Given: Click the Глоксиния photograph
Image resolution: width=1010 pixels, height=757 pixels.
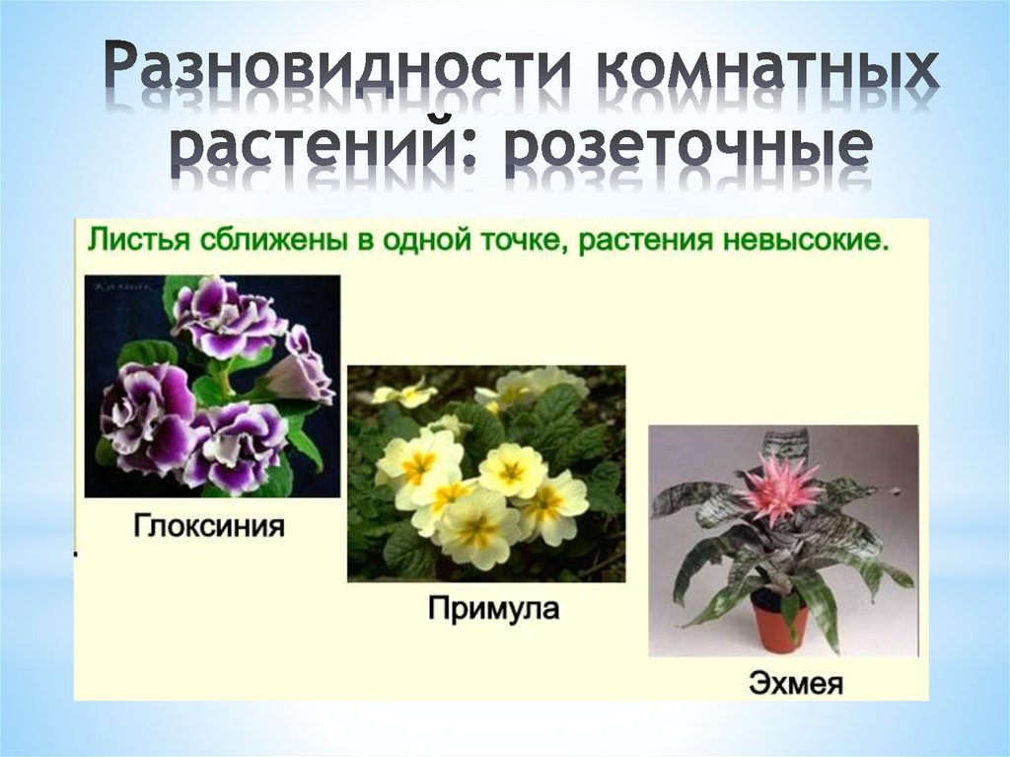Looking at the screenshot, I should [x=212, y=385].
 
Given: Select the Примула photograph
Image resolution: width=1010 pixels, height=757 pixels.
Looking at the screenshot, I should [x=486, y=473].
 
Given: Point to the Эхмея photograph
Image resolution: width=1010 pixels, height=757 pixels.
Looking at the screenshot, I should [x=783, y=541].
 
